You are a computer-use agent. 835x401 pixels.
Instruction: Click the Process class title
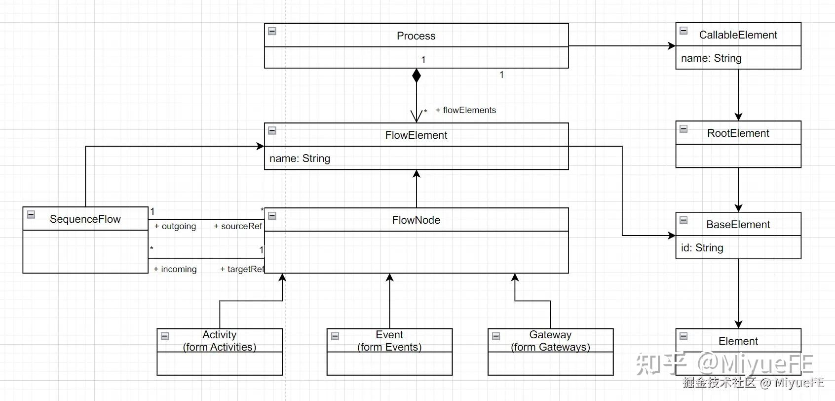tap(416, 36)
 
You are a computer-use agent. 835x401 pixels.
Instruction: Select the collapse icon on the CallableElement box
tap(683, 31)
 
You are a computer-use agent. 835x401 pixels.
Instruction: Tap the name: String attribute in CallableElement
tap(711, 58)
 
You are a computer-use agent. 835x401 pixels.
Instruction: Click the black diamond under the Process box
tap(417, 76)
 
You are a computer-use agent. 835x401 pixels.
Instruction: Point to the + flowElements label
tap(465, 110)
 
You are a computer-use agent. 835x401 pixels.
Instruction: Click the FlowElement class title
tap(416, 135)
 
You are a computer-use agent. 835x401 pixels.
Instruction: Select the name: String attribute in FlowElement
tap(300, 159)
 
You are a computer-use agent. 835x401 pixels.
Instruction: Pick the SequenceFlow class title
tap(85, 219)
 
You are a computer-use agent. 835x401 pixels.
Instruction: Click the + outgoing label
tap(175, 226)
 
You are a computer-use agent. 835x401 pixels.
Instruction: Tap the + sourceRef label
tap(238, 226)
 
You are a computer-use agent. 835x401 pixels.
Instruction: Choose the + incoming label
tap(175, 269)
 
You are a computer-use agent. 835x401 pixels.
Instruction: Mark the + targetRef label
tap(242, 269)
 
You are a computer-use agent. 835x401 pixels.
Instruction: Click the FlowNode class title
tap(416, 220)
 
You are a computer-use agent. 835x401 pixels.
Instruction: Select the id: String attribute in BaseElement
tap(702, 248)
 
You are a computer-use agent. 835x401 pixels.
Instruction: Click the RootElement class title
tap(738, 133)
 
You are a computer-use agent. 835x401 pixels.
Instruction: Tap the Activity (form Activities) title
tap(220, 341)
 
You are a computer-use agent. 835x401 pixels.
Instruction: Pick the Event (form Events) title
tap(389, 341)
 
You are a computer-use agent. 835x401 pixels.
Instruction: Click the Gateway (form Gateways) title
tap(550, 341)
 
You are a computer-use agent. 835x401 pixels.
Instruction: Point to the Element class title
tap(738, 341)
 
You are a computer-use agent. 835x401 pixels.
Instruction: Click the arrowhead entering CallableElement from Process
tap(672, 46)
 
